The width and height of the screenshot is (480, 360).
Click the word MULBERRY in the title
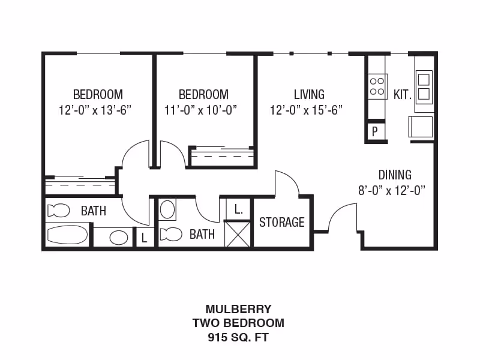(238, 310)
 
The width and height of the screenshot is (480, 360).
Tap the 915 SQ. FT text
(238, 337)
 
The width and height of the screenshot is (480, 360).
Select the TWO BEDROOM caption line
(238, 323)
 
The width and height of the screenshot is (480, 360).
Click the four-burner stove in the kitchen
(377, 86)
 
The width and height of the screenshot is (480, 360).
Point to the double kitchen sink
(424, 86)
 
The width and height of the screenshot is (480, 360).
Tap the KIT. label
(402, 94)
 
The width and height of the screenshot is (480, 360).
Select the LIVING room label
(309, 94)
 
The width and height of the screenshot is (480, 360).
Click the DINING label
(395, 175)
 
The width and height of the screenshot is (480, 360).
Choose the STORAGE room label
(281, 222)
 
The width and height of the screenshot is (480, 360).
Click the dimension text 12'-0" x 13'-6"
(95, 110)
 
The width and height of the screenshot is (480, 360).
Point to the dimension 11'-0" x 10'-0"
(201, 110)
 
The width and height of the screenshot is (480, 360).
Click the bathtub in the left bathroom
(67, 235)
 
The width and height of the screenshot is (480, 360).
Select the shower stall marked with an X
(237, 233)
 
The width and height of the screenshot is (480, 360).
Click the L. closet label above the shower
(238, 210)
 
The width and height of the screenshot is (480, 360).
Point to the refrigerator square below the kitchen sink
(420, 127)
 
